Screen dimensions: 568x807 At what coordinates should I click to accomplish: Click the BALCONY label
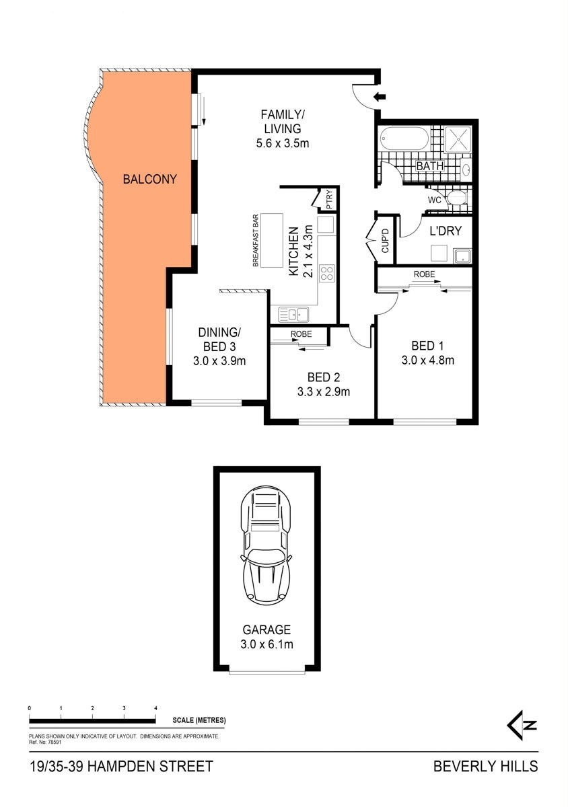(x=149, y=179)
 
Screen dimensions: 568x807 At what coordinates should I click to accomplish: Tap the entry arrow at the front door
(x=380, y=97)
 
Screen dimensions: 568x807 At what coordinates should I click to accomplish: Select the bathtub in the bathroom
(x=404, y=139)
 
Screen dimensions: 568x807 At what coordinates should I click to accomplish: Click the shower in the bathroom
(x=458, y=139)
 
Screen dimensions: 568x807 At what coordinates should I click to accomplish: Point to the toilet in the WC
(x=457, y=198)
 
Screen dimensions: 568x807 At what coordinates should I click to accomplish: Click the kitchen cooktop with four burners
(x=327, y=273)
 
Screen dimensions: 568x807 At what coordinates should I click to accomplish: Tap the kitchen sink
(x=293, y=315)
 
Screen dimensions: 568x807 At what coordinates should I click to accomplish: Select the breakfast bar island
(x=272, y=240)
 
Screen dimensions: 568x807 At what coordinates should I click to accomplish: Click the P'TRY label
(x=329, y=200)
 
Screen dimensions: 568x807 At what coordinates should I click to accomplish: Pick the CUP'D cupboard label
(x=385, y=240)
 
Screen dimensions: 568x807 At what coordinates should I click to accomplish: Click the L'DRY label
(x=446, y=231)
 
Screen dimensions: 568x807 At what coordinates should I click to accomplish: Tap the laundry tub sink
(x=462, y=256)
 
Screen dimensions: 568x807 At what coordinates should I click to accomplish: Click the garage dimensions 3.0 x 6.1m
(x=267, y=644)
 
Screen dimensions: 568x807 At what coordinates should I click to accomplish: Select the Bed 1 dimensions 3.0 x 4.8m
(x=428, y=360)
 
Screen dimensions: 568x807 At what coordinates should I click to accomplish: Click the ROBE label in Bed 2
(x=301, y=334)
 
